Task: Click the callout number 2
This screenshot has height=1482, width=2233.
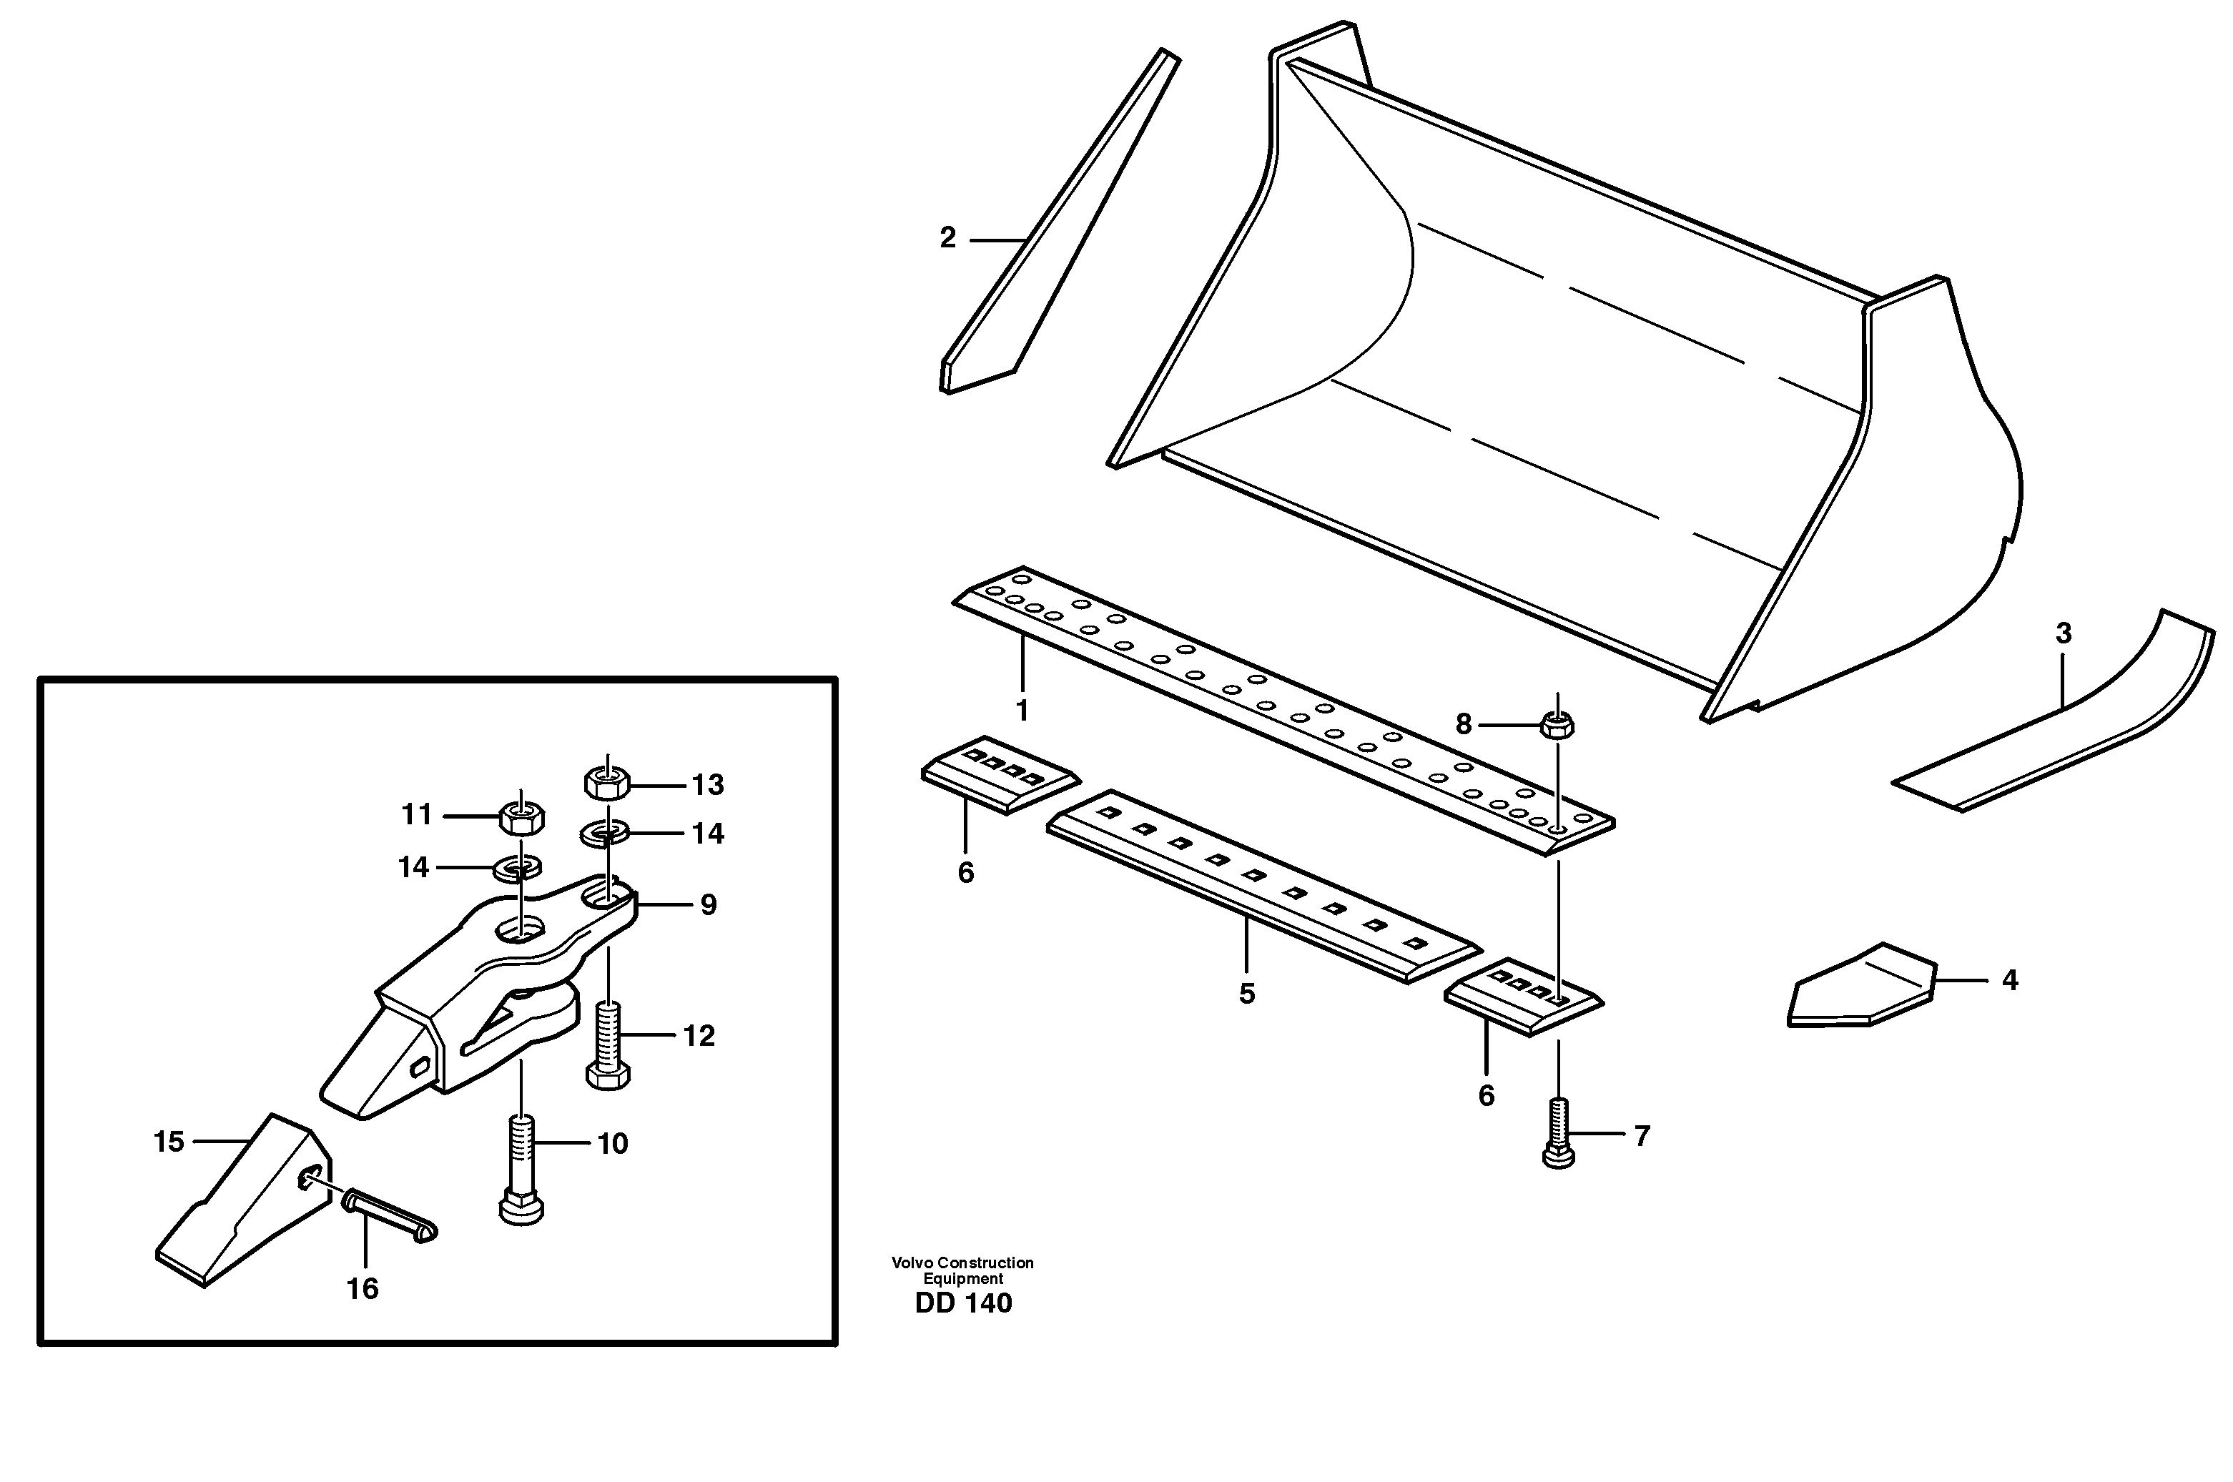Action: [x=947, y=238]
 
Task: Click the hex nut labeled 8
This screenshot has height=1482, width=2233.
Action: [x=1557, y=726]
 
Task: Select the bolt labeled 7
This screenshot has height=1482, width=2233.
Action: [x=1558, y=1133]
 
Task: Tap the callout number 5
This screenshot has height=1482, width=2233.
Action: [x=1247, y=993]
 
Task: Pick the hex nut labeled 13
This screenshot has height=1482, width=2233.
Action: [x=608, y=781]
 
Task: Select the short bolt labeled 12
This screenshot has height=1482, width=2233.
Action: [x=608, y=1047]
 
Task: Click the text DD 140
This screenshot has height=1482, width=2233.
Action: [x=963, y=1303]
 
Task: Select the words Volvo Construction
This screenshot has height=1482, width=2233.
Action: [x=962, y=1263]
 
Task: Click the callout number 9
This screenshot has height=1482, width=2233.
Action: [x=708, y=906]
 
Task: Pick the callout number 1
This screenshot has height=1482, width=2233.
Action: [x=1021, y=710]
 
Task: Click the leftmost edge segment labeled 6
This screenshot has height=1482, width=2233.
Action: [x=1000, y=775]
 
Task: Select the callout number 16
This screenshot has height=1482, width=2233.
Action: [x=362, y=1289]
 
